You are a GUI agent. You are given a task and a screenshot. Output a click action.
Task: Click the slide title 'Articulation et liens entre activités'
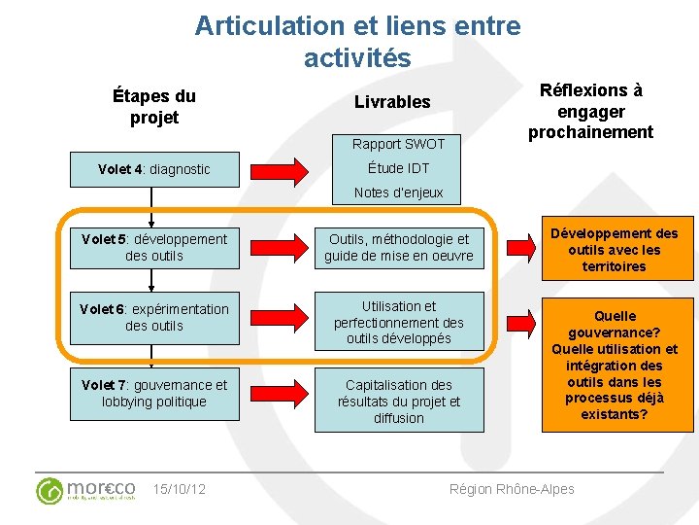[357, 41]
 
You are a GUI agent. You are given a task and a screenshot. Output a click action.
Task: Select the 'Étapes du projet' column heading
[153, 107]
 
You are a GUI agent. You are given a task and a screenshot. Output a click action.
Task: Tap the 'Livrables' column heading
[392, 102]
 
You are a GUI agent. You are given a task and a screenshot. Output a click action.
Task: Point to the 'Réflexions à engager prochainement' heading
[590, 111]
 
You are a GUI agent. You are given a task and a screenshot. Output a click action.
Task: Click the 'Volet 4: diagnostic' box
[153, 169]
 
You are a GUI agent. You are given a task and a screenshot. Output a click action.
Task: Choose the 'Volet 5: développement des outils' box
[154, 247]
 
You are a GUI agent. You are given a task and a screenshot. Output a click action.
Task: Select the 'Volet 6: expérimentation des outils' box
[154, 317]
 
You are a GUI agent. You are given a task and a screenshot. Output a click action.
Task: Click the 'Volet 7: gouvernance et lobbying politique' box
[154, 393]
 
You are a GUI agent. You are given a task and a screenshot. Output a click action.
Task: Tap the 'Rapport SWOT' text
[398, 144]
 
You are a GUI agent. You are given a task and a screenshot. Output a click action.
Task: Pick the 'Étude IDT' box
[398, 168]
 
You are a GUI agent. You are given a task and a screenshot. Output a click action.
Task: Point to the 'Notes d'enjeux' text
[398, 192]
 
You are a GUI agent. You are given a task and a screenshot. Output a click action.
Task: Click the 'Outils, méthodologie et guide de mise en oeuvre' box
[398, 247]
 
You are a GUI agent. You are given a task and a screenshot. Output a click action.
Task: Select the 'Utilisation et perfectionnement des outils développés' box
[398, 322]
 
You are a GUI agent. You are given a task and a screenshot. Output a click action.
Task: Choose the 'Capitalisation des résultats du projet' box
[398, 401]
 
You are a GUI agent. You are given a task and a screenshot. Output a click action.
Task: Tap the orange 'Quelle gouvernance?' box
[614, 365]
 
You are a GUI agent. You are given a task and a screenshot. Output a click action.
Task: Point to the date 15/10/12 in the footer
[180, 489]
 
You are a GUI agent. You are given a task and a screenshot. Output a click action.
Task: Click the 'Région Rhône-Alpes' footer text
[512, 489]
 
